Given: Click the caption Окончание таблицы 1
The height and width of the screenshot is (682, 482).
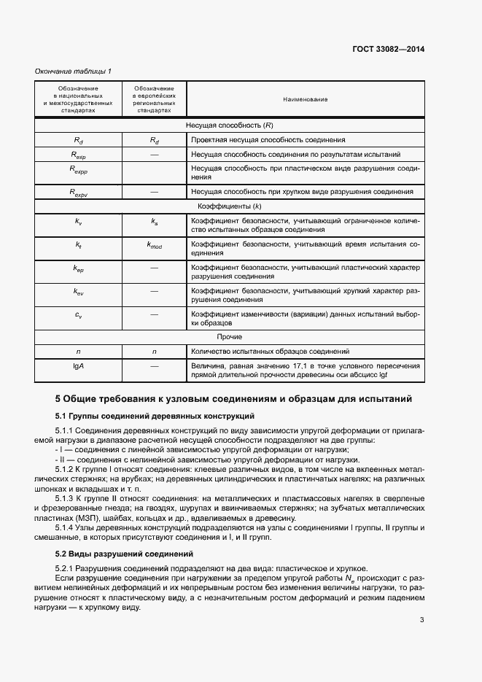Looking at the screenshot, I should [74, 71].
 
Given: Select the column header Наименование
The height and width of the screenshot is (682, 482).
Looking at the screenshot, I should [306, 99].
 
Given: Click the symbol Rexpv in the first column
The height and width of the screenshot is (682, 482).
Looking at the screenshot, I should [79, 192].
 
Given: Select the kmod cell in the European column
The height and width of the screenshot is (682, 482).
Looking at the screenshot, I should [154, 247].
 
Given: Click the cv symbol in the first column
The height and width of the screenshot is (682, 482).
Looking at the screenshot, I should [79, 315].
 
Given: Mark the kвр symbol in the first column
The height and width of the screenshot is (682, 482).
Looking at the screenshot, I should [79, 268].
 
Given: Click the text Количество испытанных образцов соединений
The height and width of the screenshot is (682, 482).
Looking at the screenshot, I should [271, 352].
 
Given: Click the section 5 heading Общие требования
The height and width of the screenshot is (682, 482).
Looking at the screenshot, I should [234, 399].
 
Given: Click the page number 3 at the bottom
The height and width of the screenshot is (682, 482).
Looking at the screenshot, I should [421, 621].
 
